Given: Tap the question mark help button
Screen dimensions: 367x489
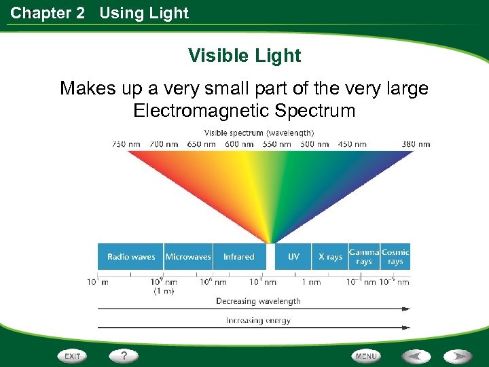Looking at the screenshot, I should (124, 355).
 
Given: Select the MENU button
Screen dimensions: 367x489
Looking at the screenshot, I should (366, 356).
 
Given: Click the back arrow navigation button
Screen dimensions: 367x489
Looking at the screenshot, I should (416, 356).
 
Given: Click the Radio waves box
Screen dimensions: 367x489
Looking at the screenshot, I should (130, 257).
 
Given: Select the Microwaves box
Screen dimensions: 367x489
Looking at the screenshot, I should (188, 257).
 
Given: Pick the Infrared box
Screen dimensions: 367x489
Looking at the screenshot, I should (238, 257).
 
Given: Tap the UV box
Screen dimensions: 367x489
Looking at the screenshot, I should (293, 257).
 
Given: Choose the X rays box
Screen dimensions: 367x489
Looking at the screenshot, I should (330, 257).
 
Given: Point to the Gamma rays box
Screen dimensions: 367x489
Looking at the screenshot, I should (364, 257).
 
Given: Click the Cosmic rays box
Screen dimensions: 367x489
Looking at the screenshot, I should (395, 257).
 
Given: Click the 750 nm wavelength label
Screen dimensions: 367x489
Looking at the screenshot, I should (127, 144).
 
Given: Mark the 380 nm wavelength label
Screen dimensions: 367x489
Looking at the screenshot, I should (415, 144).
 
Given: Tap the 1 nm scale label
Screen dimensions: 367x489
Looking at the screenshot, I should (310, 282).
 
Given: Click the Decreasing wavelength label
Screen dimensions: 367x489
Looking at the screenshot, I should (258, 300).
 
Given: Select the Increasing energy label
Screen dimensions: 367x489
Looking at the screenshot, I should (258, 320).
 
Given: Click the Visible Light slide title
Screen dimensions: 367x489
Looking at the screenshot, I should (244, 55).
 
